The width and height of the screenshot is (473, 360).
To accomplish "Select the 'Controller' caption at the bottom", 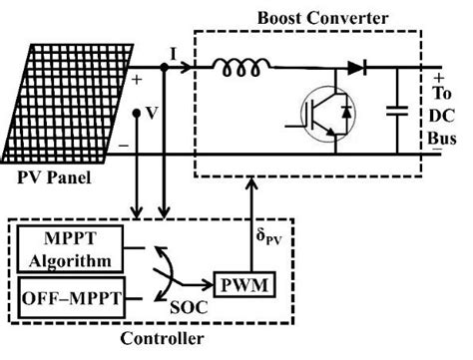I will (x=162, y=340).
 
